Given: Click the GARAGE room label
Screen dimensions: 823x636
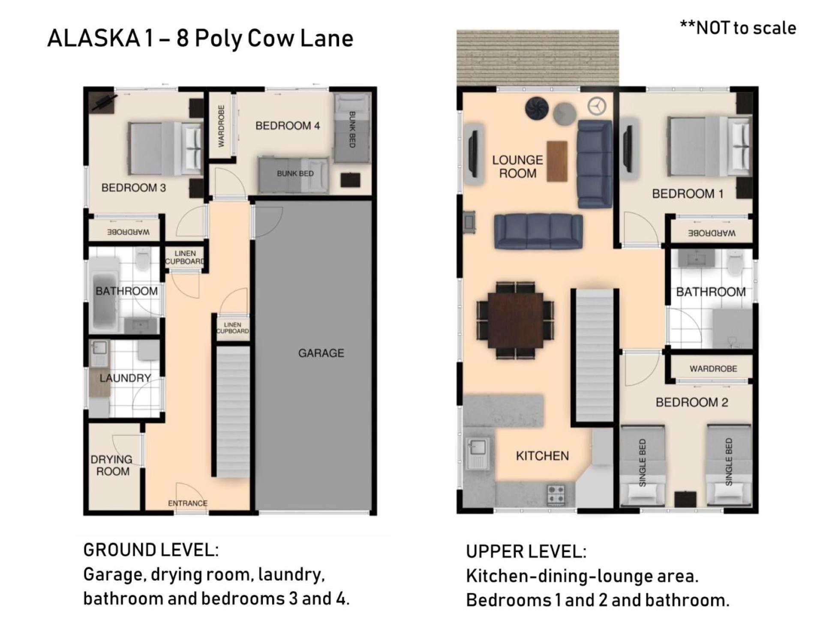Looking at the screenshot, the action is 321,353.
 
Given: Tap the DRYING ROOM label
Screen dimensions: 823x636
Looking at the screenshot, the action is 111,465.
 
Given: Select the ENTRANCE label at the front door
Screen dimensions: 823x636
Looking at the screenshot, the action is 188,503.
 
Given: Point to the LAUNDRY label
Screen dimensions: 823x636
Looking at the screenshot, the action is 125,378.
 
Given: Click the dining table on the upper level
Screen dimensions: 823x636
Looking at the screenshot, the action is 516,320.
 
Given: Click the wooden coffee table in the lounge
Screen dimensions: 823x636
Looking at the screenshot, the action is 557,161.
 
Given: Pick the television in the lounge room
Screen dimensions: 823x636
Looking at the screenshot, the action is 473,153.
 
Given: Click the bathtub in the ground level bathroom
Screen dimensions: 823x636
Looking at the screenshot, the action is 104,294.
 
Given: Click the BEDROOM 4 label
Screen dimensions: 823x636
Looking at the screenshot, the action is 288,126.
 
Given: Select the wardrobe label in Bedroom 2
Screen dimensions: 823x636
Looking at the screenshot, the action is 713,369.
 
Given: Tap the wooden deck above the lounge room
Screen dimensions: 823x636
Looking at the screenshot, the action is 538,58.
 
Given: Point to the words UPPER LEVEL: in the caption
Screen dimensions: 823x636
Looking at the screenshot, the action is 526,552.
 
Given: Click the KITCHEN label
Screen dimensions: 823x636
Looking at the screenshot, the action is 542,456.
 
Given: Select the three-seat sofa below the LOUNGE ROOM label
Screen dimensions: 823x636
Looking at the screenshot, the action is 538,231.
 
